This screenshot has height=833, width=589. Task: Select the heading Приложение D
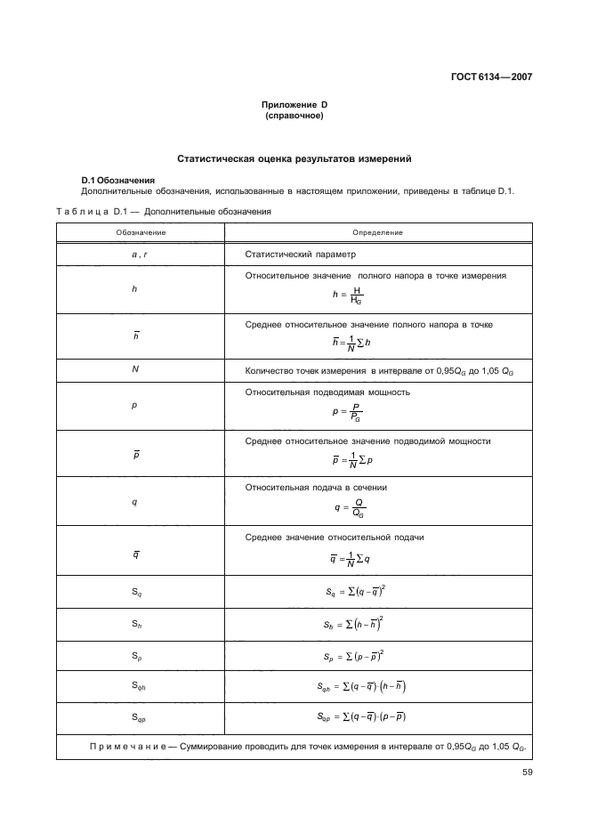pyautogui.click(x=294, y=105)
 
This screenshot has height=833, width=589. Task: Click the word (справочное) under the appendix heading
pyautogui.click(x=294, y=117)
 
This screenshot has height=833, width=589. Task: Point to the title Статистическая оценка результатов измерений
pyautogui.click(x=294, y=159)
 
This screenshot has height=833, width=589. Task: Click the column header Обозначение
pyautogui.click(x=140, y=232)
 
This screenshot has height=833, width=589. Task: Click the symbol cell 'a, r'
pyautogui.click(x=140, y=255)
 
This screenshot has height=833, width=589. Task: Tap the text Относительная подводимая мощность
pyautogui.click(x=327, y=392)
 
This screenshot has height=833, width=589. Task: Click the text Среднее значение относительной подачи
pyautogui.click(x=334, y=538)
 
